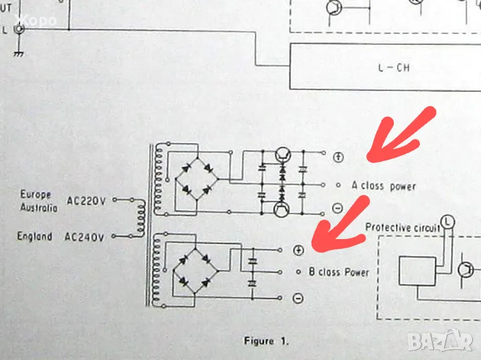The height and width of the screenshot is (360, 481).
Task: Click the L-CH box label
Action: (393, 67)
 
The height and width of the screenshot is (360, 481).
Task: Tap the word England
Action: (35, 236)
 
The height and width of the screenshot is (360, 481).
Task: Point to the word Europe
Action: (36, 195)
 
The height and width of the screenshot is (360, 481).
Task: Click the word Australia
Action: (38, 208)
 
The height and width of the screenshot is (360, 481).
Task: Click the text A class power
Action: (384, 185)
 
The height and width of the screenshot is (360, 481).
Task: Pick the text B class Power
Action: (339, 272)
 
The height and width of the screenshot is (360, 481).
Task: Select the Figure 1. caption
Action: (267, 341)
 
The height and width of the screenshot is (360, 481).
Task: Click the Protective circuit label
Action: (402, 228)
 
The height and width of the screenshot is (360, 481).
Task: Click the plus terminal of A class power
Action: (339, 157)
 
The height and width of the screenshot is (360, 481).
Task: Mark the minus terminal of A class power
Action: (339, 209)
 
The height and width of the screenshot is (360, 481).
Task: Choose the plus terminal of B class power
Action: (298, 250)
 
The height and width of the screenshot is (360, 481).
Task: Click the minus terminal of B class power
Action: (298, 298)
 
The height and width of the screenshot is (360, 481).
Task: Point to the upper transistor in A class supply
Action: (283, 154)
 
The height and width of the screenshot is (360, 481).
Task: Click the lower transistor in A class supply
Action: (282, 210)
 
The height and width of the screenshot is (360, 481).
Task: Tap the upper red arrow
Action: (401, 136)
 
